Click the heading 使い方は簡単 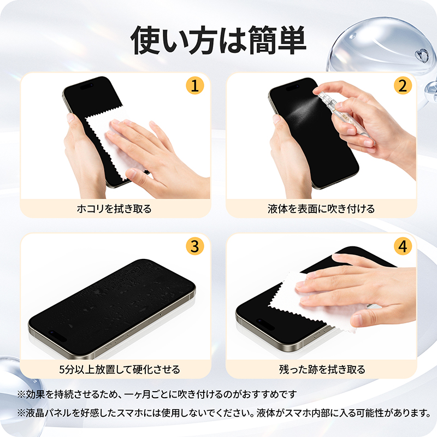click(218, 40)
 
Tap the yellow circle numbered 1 click(195, 86)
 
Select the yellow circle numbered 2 click(403, 86)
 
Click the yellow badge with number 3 click(195, 246)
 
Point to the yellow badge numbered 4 click(403, 246)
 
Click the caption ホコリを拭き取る click(114, 209)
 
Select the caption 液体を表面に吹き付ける click(321, 209)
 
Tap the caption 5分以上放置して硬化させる click(119, 370)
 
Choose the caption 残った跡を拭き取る click(322, 370)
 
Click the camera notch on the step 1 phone click(87, 86)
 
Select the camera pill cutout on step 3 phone click(58, 336)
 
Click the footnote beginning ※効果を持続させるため click(157, 394)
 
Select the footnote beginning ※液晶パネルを click(225, 413)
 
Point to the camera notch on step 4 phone click(265, 324)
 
